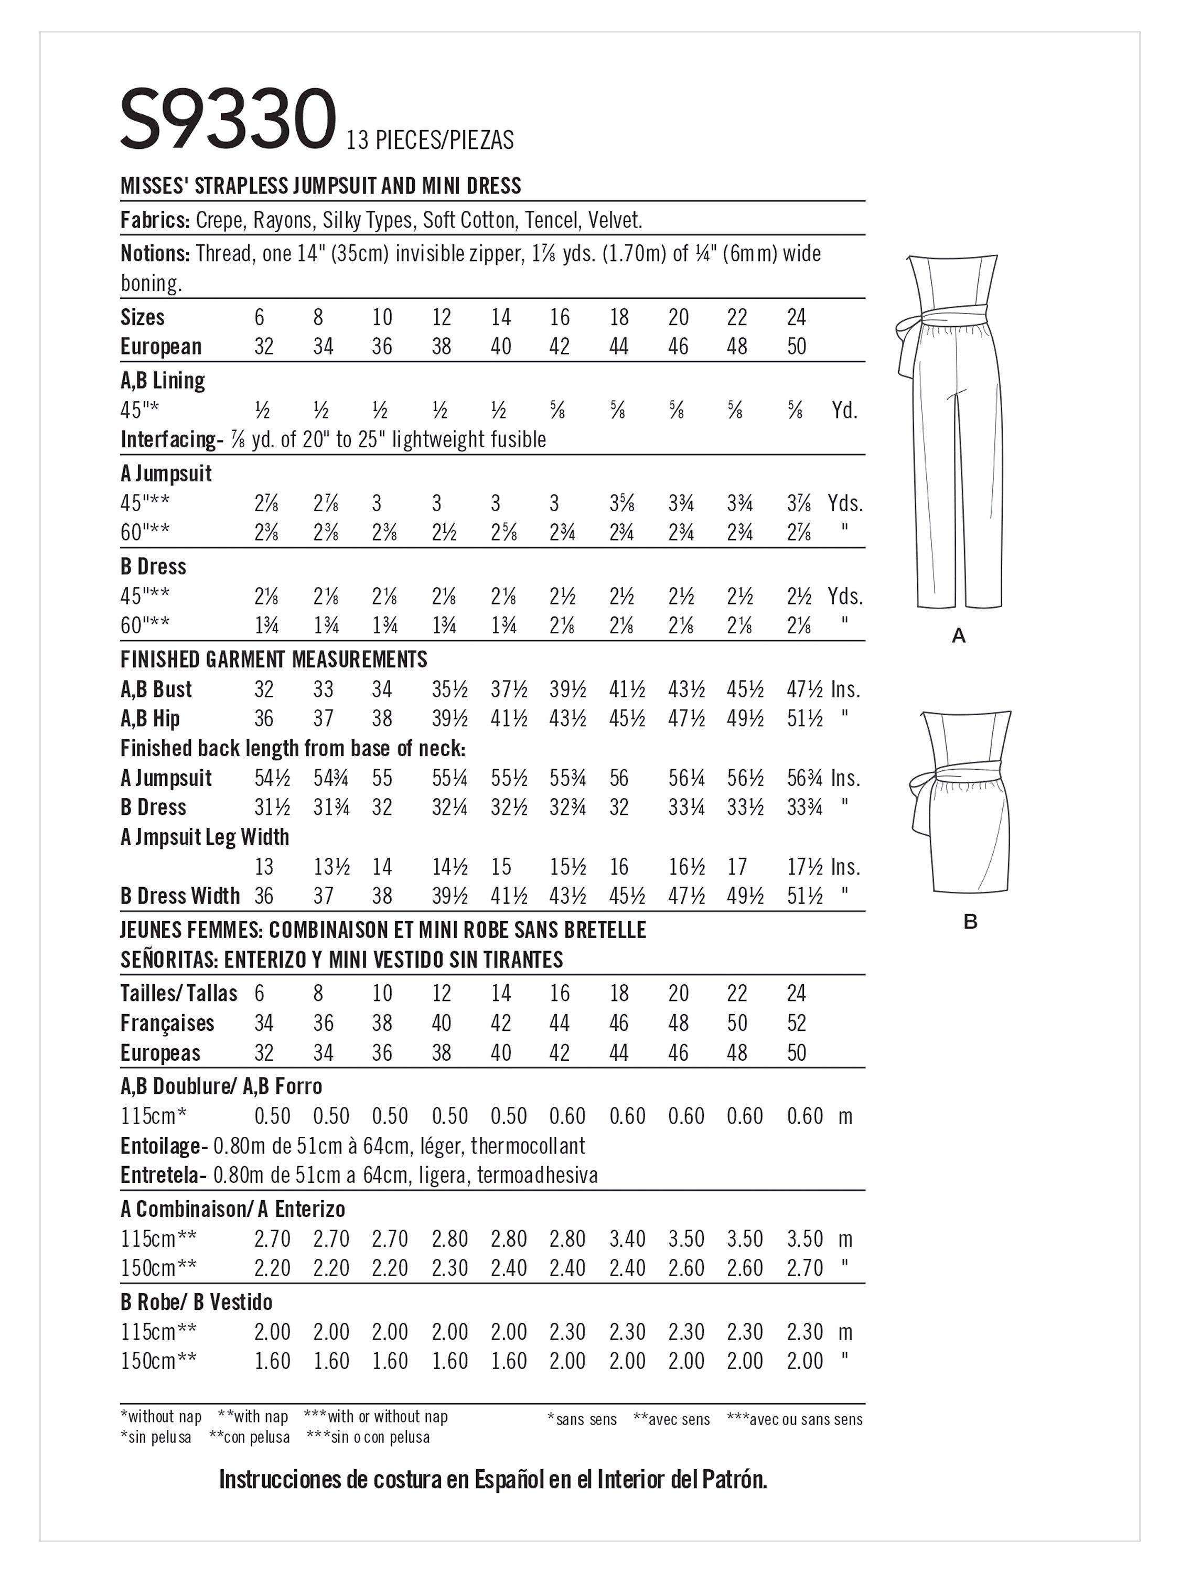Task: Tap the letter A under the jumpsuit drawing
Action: click(958, 635)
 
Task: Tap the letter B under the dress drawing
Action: click(970, 922)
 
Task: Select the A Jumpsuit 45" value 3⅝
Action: click(619, 503)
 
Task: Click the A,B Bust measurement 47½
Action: click(804, 689)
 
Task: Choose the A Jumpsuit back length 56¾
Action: click(804, 778)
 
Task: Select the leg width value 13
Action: click(264, 867)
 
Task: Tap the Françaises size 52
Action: click(797, 1023)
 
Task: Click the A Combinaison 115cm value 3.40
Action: click(627, 1239)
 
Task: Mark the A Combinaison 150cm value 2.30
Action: click(449, 1268)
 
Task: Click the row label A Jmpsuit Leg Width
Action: click(205, 837)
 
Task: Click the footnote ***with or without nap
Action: click(376, 1417)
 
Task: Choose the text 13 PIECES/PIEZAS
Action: click(430, 140)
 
